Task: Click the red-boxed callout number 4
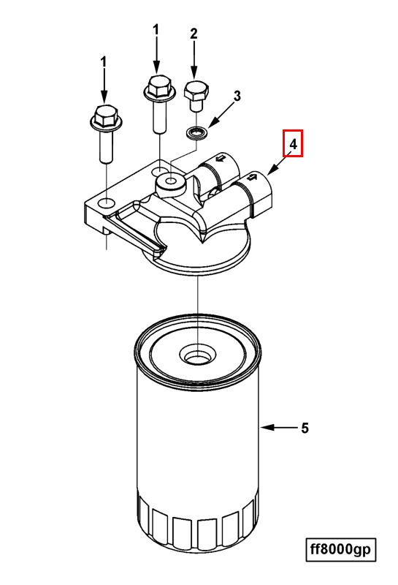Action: [294, 143]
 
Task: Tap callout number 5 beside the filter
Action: [305, 428]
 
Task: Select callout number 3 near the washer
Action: [237, 96]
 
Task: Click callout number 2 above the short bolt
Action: [194, 34]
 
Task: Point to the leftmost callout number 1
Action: [104, 62]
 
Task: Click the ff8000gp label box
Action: [340, 549]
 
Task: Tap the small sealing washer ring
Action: [196, 133]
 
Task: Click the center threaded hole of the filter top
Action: [197, 355]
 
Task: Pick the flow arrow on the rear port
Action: [221, 158]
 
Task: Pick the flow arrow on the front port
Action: [252, 176]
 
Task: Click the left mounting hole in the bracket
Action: [107, 204]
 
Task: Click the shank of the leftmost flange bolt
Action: [106, 146]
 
